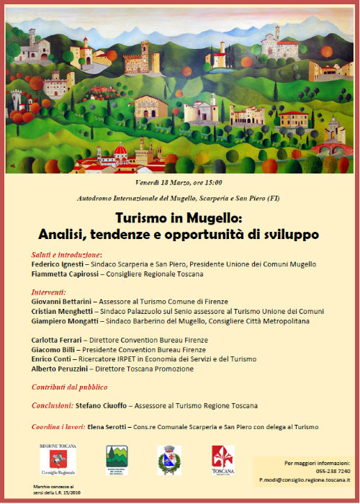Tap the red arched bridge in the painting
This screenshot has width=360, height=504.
pos(333,150)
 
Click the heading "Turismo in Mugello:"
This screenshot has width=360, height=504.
pos(179,220)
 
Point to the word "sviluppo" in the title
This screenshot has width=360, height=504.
pos(288,235)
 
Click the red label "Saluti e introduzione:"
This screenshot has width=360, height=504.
pos(67,255)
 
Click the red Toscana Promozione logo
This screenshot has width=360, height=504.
pos(222,459)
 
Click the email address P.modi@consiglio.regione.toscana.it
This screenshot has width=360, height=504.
pos(305,480)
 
